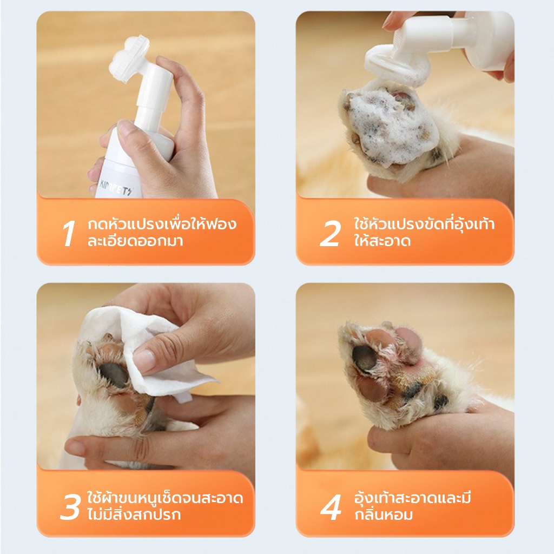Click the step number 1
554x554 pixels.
[68, 233]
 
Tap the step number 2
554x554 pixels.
[330, 233]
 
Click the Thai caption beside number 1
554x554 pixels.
[162, 233]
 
